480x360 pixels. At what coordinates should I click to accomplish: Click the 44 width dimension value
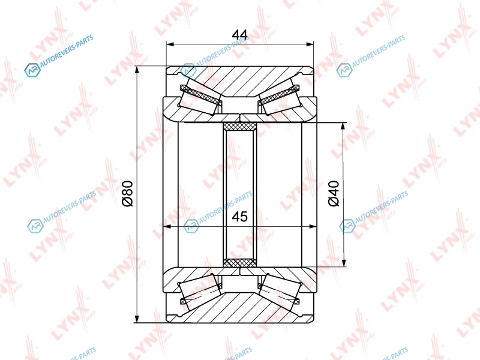(x=239, y=35)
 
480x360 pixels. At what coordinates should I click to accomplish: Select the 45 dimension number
(x=239, y=217)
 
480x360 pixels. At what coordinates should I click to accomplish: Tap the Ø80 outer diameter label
(x=127, y=193)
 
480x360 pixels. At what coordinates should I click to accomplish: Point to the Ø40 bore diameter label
(x=334, y=193)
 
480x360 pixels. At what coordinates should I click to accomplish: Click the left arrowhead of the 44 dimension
(x=170, y=44)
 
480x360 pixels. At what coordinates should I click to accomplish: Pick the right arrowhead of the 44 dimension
(x=310, y=44)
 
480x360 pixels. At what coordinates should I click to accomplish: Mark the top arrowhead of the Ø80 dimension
(x=137, y=70)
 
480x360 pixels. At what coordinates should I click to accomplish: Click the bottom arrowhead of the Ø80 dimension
(x=137, y=319)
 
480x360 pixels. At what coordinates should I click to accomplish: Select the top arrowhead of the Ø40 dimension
(x=344, y=127)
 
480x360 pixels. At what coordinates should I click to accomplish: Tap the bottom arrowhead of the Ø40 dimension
(x=344, y=263)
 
